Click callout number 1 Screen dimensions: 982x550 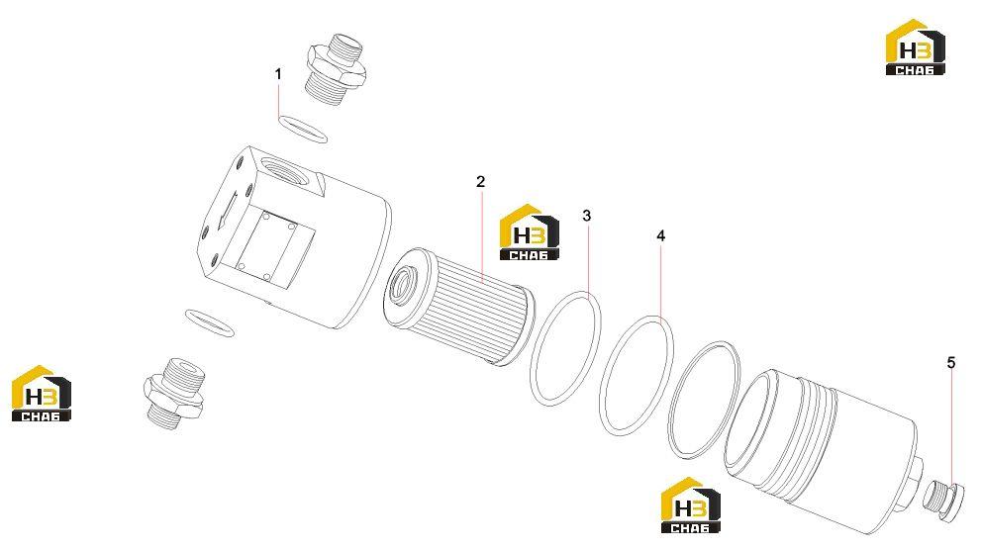pyautogui.click(x=278, y=74)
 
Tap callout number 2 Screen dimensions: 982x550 pyautogui.click(x=480, y=182)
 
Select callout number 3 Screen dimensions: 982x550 pyautogui.click(x=586, y=216)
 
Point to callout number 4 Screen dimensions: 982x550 pyautogui.click(x=660, y=235)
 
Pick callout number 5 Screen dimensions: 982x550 pyautogui.click(x=950, y=363)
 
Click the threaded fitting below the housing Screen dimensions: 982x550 pyautogui.click(x=174, y=393)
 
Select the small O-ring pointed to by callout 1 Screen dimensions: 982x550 pyautogui.click(x=303, y=129)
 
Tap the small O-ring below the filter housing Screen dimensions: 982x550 pyautogui.click(x=210, y=322)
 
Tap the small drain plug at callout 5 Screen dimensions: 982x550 pyautogui.click(x=945, y=500)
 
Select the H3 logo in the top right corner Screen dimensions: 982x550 pyautogui.click(x=915, y=47)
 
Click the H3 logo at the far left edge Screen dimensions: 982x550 pyautogui.click(x=42, y=393)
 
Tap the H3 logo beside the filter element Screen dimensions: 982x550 pyautogui.click(x=530, y=232)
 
